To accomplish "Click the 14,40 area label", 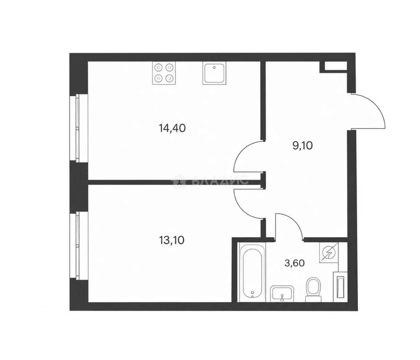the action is pyautogui.click(x=172, y=128).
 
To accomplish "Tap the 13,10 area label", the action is pyautogui.click(x=172, y=240).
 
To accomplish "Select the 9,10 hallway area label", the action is pyautogui.click(x=302, y=145).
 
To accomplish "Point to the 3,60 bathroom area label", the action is pyautogui.click(x=295, y=263).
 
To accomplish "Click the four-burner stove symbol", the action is pyautogui.click(x=164, y=73).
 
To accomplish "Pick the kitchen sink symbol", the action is pyautogui.click(x=214, y=73).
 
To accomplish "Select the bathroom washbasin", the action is pyautogui.click(x=282, y=294).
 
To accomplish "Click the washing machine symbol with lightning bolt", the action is pyautogui.click(x=329, y=253).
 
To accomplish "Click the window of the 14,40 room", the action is pyautogui.click(x=79, y=128).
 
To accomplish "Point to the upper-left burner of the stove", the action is pyautogui.click(x=158, y=67).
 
